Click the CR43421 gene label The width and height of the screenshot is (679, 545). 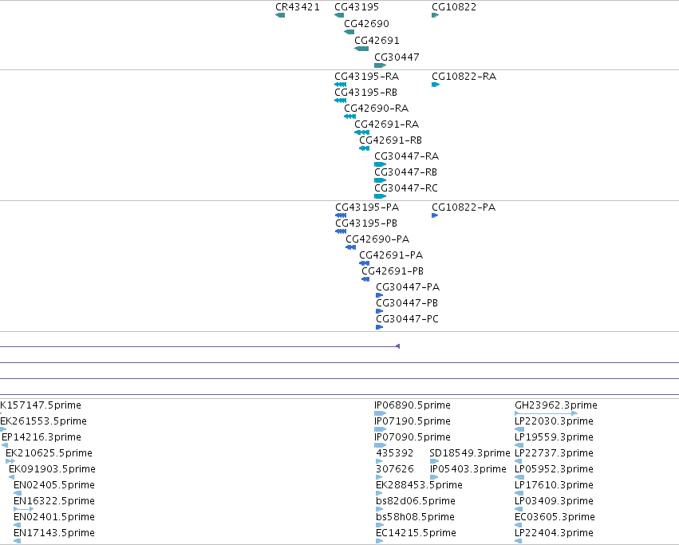point(298,7)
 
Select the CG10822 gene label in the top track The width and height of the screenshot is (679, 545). point(454,7)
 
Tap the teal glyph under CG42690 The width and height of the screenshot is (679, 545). point(349,32)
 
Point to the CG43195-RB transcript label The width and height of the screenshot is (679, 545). point(366,93)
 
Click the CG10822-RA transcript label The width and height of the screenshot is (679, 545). point(464,77)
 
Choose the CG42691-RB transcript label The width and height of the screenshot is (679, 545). point(390,140)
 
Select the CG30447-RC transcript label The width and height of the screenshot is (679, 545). point(406,188)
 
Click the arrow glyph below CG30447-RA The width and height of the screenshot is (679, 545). point(381,164)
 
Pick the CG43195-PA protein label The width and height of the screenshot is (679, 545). point(367,207)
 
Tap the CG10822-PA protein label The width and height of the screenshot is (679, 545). point(464,207)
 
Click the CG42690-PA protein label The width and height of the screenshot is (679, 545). point(377,239)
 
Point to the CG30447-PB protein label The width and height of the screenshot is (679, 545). point(407,303)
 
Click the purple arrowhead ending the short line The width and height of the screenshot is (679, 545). point(397,346)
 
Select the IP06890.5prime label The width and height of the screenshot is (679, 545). point(413,405)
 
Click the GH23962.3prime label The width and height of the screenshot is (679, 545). point(556,405)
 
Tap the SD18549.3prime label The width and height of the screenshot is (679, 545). point(470,452)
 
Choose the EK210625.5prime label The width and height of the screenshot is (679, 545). point(49,452)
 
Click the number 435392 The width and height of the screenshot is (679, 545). point(394,452)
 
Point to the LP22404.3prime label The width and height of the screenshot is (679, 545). point(554,532)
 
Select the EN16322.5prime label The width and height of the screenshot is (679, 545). point(54,501)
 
